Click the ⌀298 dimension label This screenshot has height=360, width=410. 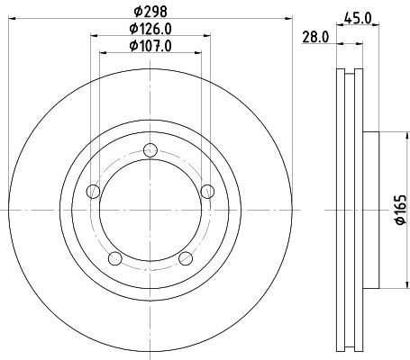[x=150, y=12]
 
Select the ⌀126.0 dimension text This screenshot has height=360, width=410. [x=150, y=29]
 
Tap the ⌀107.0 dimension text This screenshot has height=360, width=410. [x=150, y=46]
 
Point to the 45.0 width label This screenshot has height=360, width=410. [x=358, y=19]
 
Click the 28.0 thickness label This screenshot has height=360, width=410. [x=315, y=38]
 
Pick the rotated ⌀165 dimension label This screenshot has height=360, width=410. [x=401, y=210]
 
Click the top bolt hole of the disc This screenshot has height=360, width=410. [x=150, y=150]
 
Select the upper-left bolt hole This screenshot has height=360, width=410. [x=93, y=192]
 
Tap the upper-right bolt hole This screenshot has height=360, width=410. [x=207, y=192]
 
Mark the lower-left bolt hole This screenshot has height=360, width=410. [x=114, y=258]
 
